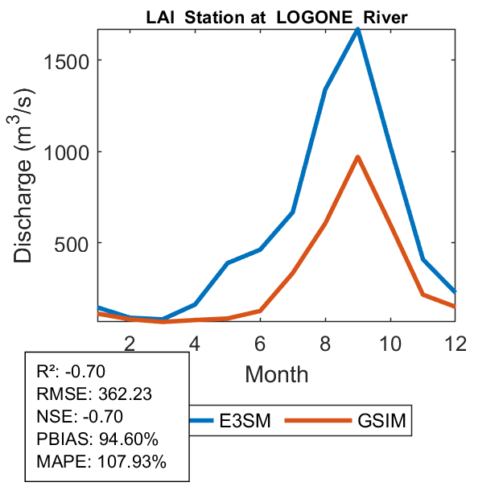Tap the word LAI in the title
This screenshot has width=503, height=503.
point(159,17)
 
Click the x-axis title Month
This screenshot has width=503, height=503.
point(276,373)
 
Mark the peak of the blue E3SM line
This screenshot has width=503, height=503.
point(357,30)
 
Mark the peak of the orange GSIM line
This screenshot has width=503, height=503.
point(357,157)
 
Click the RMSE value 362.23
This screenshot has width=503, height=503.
point(125,394)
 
